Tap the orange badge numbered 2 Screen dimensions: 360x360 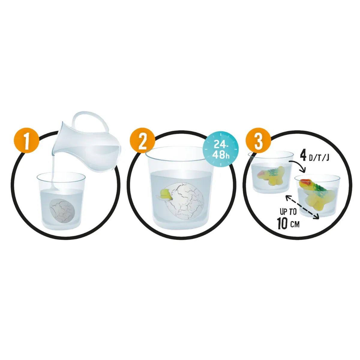(x=143, y=143)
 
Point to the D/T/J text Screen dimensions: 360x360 (x=318, y=158)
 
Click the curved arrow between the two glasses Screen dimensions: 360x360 (x=298, y=165)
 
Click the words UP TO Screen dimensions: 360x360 (x=288, y=212)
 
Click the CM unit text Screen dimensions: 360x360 (x=295, y=224)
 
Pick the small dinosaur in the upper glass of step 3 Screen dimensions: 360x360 (x=271, y=176)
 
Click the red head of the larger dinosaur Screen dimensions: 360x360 (x=304, y=182)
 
